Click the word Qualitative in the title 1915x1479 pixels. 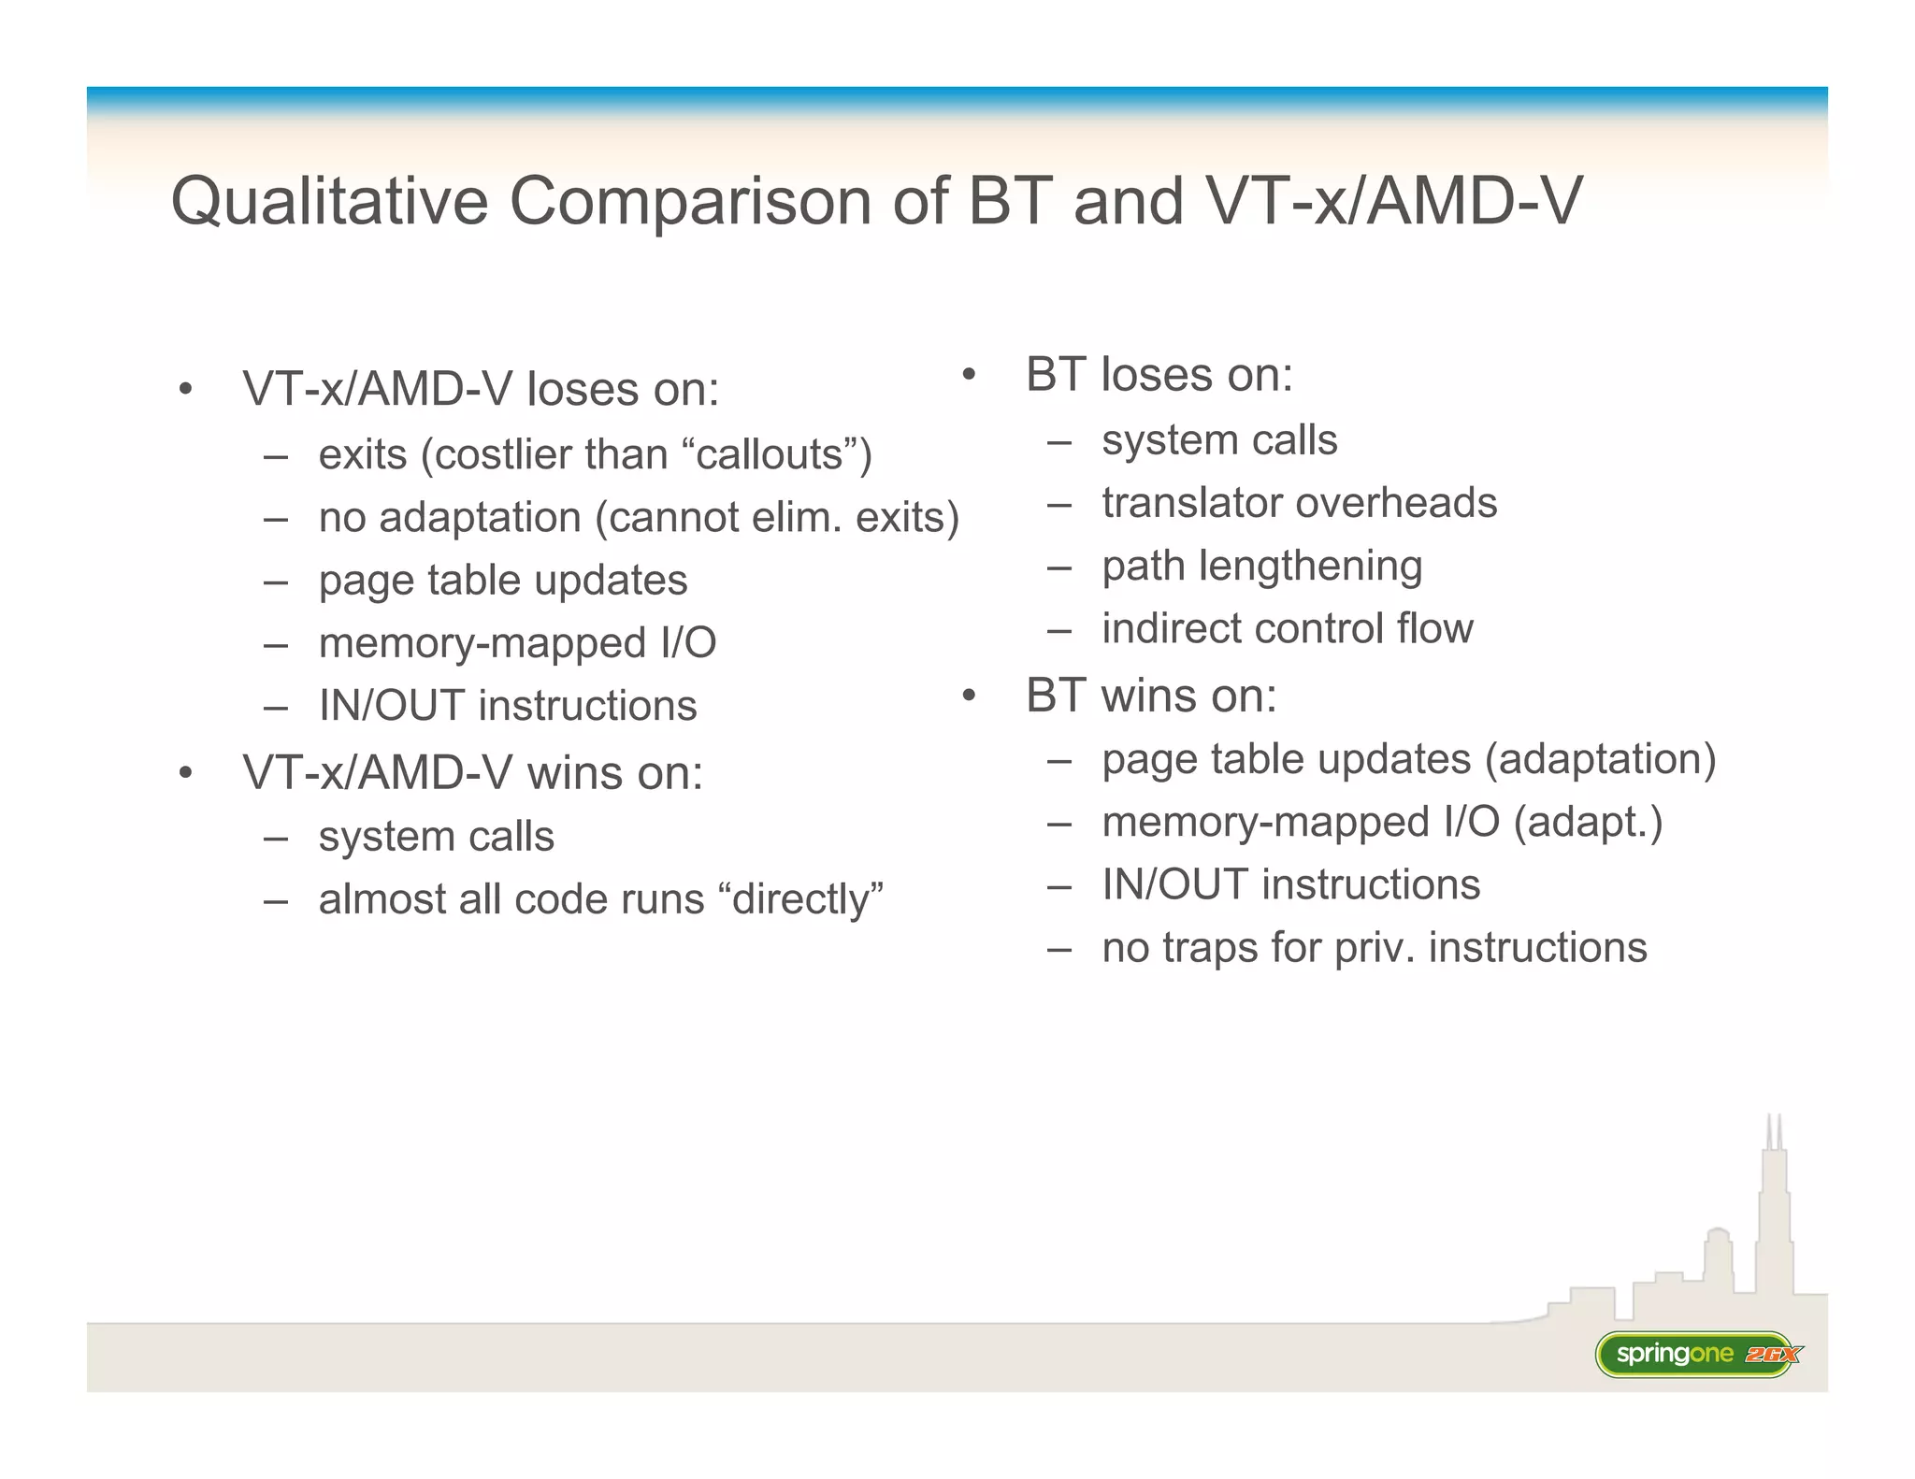329,201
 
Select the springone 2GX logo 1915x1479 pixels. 1697,1354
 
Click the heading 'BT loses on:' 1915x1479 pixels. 1159,375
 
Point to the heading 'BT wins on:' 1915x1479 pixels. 1151,696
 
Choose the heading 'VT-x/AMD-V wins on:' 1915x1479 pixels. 472,773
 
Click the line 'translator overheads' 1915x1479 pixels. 1299,503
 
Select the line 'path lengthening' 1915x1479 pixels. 1261,566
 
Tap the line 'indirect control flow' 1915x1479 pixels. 1287,628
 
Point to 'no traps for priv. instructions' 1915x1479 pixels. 1374,947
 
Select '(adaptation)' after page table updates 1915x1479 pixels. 1600,759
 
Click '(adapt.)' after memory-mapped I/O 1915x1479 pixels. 1588,823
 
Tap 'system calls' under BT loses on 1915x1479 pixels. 1219,439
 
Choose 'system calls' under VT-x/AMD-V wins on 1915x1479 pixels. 436,837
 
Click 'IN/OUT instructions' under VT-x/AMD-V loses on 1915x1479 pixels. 508,706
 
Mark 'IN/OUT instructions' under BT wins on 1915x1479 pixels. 1290,884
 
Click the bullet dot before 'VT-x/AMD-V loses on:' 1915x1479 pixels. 186,389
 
